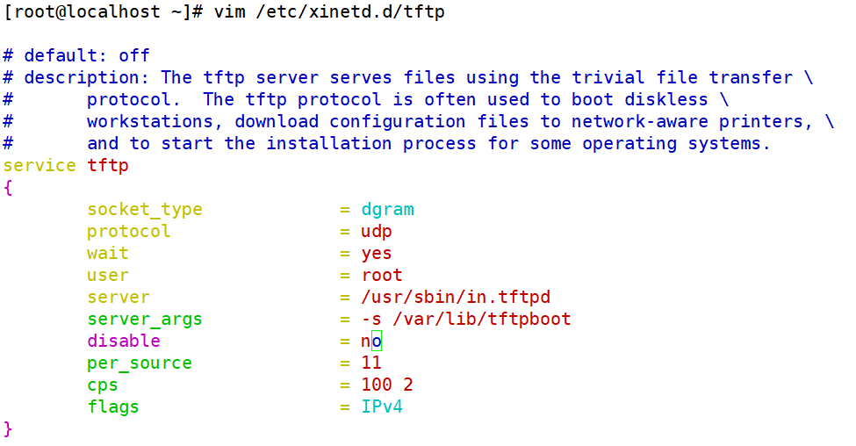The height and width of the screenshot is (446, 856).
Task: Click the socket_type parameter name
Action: point(144,210)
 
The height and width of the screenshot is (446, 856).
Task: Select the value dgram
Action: point(387,210)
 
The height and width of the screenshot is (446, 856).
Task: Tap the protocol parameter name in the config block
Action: point(128,232)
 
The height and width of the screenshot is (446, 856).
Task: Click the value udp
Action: point(377,232)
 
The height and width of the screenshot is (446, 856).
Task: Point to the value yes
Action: point(377,254)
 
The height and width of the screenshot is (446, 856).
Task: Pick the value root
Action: point(382,276)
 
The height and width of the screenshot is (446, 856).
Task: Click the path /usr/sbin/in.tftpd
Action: point(456,298)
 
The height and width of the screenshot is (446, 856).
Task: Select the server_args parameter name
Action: point(144,320)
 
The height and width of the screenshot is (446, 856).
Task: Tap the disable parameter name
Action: point(123,341)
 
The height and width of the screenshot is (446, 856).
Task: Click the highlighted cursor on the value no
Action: point(377,342)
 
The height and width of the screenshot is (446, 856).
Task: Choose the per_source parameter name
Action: point(139,363)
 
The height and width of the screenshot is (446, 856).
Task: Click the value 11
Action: point(371,363)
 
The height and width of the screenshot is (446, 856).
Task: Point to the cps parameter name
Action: point(102,385)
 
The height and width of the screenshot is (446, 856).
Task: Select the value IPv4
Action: point(382,406)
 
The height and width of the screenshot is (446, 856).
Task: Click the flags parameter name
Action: point(112,406)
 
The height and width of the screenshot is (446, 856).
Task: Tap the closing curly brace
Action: point(9,428)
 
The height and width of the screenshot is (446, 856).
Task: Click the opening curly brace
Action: point(9,188)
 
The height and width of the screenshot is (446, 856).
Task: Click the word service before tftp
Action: point(40,166)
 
